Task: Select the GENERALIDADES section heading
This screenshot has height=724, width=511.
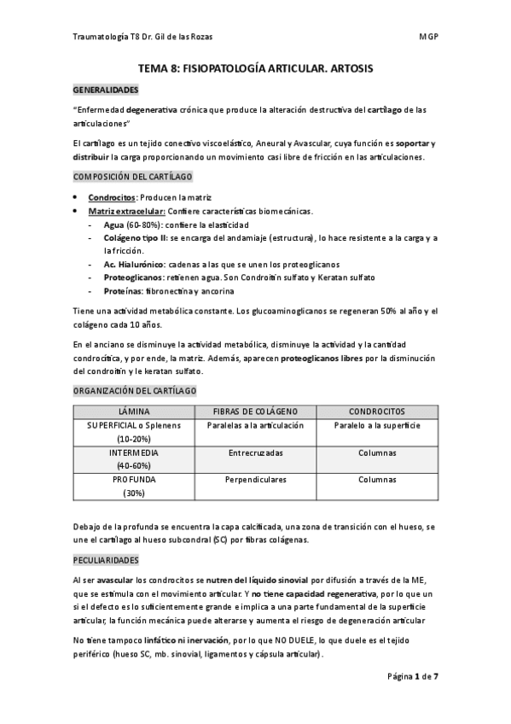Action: click(105, 89)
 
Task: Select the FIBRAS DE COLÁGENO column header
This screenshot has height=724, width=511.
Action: click(253, 412)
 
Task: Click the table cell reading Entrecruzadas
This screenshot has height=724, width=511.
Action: click(255, 452)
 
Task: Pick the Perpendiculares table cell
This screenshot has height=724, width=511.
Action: click(255, 480)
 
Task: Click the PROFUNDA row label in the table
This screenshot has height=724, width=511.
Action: click(134, 480)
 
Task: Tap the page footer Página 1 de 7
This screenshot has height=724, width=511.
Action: click(413, 675)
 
